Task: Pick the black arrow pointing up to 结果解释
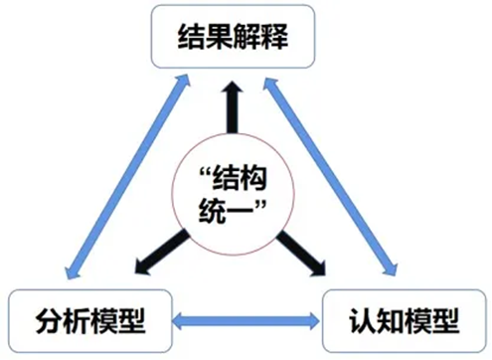click(236, 109)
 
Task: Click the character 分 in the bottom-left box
click(43, 321)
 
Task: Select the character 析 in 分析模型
click(75, 321)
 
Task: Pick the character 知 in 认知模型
click(389, 321)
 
